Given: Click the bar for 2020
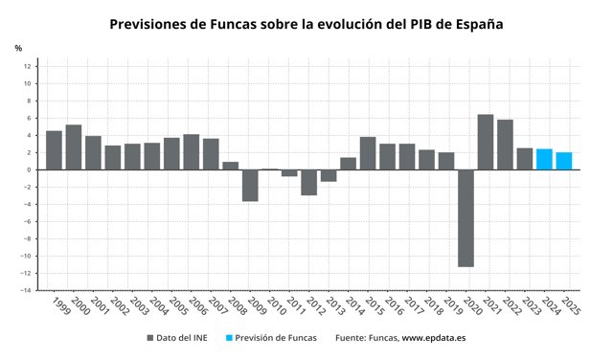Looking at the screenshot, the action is point(466,218).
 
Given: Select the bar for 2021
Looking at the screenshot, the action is point(486,143).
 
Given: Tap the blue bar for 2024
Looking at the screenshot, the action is point(544,160).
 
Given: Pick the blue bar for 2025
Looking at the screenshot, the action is point(564,161).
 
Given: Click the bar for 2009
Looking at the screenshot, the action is point(250,186).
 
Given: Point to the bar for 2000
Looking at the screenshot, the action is point(74,147).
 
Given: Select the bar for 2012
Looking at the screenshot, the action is point(308,182).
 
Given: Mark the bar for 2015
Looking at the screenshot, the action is point(368,153).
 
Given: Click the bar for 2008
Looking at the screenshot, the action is point(231,166).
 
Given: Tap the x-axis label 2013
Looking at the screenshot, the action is point(335,306).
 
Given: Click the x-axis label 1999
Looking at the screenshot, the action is point(60,306).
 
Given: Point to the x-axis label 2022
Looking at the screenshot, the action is point(511,306).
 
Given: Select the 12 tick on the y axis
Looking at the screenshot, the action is point(27,66).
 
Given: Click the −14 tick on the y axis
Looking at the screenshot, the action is point(26,290).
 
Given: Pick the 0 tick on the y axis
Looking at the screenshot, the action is point(29,170).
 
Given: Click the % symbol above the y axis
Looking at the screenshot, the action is point(18,48).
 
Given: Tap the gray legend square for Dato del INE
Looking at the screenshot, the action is point(150,338).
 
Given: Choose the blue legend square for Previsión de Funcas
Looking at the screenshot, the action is point(229,338).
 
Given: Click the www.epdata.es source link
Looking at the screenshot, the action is point(434,338).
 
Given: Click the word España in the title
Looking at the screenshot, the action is point(479,24).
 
